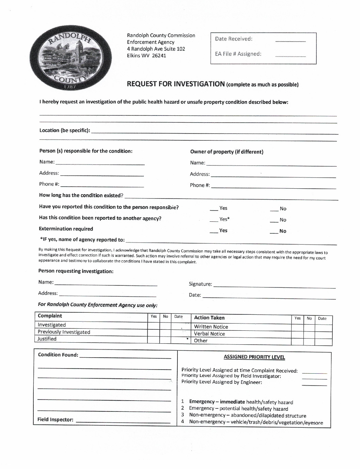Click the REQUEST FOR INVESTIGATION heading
(176, 84)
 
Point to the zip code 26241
(159, 56)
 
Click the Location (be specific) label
(65, 130)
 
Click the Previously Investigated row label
(64, 332)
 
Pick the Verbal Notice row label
(209, 334)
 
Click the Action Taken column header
(209, 318)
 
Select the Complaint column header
(50, 316)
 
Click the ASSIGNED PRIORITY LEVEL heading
(254, 357)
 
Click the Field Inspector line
(123, 421)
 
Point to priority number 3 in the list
(183, 415)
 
